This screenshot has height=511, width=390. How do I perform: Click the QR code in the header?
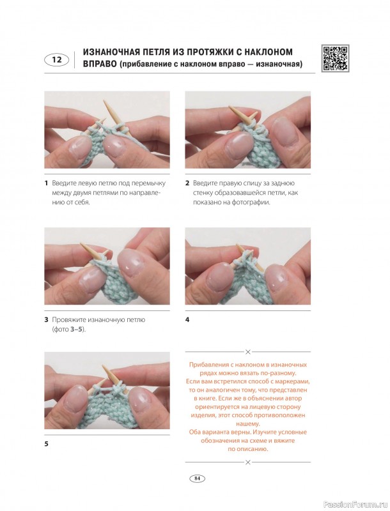coord(336,58)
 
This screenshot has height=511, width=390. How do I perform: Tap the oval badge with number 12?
coord(56,60)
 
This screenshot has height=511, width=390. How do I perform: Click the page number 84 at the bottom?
coord(197,478)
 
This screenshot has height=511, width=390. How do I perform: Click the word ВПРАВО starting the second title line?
coord(100,64)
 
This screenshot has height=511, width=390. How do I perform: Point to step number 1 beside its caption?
coord(46,183)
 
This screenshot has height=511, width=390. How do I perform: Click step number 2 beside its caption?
coord(187,183)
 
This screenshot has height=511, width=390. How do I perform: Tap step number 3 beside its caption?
coord(46,320)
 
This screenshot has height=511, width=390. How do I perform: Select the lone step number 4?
coord(187,320)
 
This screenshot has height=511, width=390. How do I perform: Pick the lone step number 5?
coord(46,444)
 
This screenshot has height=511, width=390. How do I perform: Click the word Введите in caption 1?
coord(63,183)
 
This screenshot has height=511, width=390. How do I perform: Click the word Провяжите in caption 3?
coord(67,320)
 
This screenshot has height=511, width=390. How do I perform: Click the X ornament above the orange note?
coord(248,352)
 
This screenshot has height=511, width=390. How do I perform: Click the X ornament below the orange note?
coord(248,462)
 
